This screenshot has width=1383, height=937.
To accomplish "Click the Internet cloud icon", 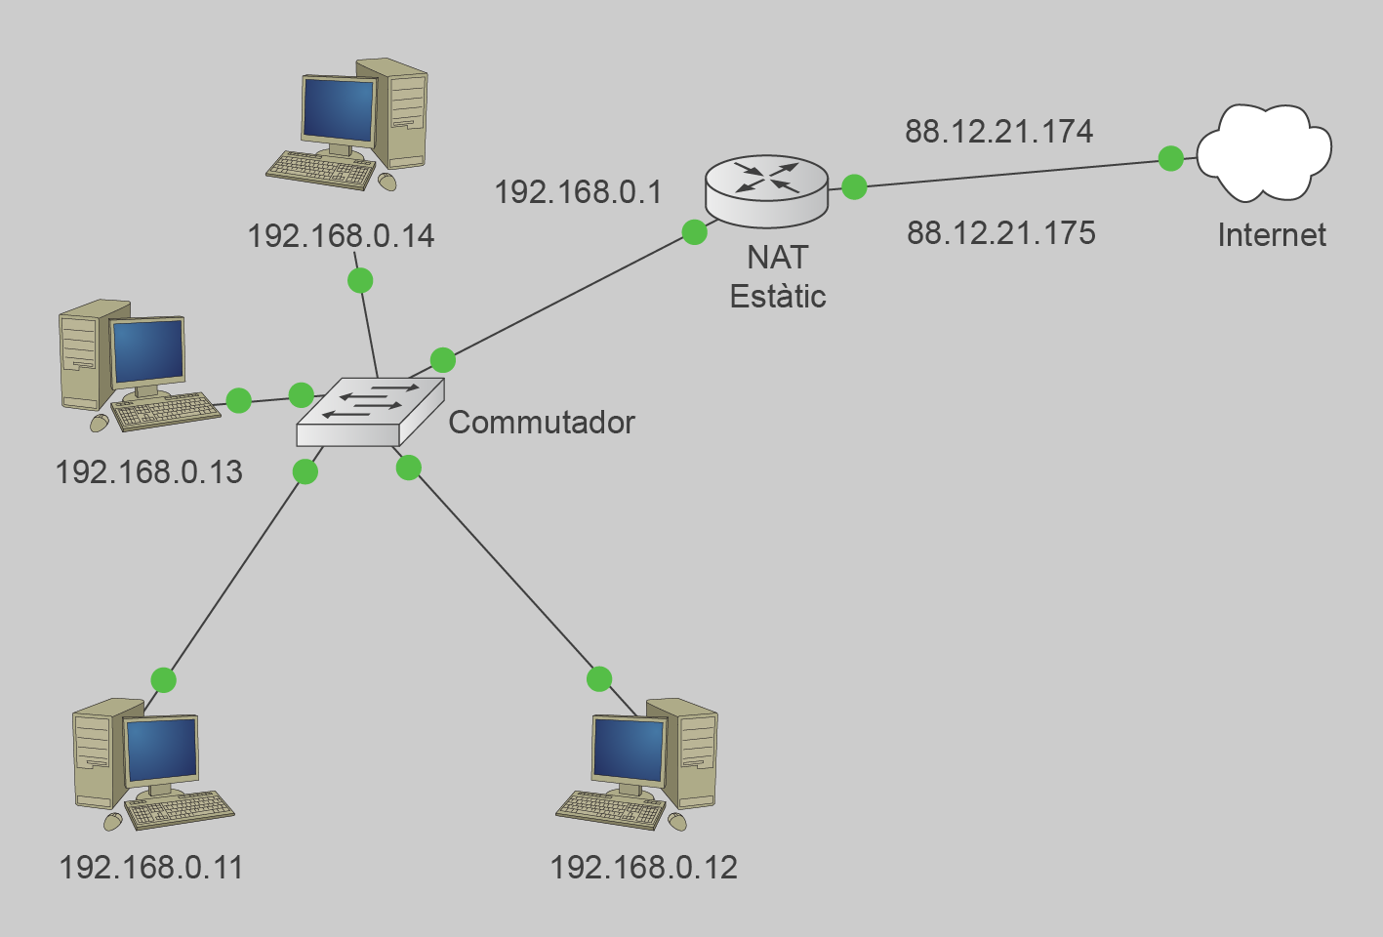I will click(1264, 152).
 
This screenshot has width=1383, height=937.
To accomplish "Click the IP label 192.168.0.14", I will click(341, 236).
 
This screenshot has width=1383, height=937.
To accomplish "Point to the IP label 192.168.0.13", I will click(148, 472).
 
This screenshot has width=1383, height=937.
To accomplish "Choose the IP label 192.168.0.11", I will click(151, 867).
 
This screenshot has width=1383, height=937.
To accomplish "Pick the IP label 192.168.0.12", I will click(643, 867).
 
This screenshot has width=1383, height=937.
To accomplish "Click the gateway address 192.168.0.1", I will click(578, 191).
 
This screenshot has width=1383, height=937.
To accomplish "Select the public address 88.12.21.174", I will click(998, 131).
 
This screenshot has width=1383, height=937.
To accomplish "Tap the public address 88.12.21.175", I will click(1000, 232).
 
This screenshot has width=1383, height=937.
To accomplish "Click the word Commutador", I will click(542, 422).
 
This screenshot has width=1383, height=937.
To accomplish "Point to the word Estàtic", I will click(778, 296).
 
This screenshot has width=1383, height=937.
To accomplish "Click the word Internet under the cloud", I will click(1272, 234).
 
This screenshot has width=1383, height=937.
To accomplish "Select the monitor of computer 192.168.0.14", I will click(338, 110).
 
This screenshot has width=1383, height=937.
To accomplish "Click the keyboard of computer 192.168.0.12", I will click(611, 807).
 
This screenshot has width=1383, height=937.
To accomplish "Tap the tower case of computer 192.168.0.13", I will click(83, 356).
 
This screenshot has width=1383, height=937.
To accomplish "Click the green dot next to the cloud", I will click(1170, 158).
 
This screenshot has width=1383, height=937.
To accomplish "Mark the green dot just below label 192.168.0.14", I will click(360, 281).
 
